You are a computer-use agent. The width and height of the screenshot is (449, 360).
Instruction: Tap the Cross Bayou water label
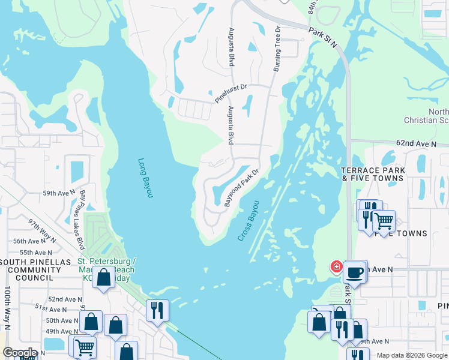point(248,221)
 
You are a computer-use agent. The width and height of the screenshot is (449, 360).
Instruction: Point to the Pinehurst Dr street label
point(231,94)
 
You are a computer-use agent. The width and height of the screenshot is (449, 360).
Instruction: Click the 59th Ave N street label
point(59,193)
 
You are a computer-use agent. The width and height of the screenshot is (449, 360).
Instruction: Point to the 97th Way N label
point(42,230)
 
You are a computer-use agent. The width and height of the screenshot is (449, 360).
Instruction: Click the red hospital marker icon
point(337,266)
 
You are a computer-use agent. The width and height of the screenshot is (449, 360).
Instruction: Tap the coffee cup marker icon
point(355,272)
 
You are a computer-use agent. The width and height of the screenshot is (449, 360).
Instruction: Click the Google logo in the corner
point(19,353)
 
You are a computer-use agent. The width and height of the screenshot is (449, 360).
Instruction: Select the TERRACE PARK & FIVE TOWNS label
point(373,175)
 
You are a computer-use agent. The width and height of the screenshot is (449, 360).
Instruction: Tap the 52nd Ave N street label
point(65,299)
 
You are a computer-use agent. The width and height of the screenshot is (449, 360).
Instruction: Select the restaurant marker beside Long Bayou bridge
point(157,310)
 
